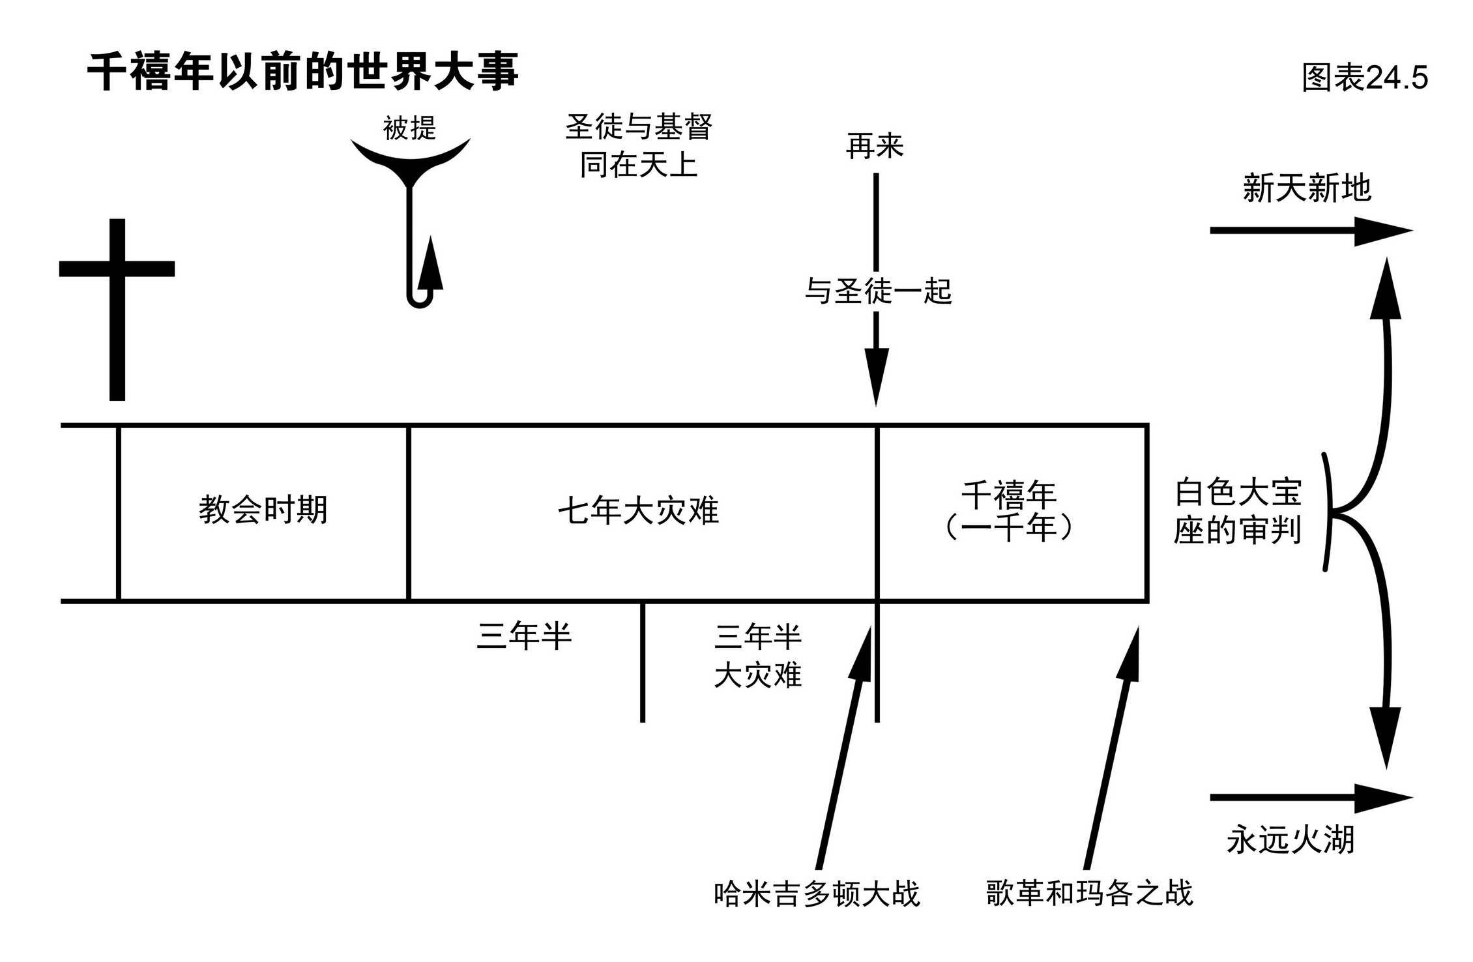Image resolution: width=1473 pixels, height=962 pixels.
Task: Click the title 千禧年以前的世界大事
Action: (x=302, y=71)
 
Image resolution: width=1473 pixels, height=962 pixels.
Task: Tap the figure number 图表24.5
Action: (x=1364, y=78)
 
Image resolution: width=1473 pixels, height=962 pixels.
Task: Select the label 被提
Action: (x=409, y=128)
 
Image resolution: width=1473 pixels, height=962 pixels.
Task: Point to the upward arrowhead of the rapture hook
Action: (x=430, y=264)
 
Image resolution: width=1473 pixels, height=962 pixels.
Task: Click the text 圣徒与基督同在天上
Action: (x=639, y=145)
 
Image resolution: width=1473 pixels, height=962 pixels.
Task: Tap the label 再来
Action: (x=875, y=146)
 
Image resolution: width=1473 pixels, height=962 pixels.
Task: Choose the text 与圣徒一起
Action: (x=878, y=291)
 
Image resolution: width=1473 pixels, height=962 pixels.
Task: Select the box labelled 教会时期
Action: (x=263, y=512)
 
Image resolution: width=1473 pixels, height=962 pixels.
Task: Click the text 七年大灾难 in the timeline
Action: (x=639, y=511)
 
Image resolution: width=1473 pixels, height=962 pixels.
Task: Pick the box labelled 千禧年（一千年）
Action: (x=1010, y=512)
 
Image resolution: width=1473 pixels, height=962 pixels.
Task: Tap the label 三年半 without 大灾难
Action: (x=524, y=636)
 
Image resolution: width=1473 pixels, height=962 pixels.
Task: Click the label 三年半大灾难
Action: (x=757, y=656)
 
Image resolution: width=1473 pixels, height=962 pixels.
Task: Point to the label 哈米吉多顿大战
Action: (x=816, y=894)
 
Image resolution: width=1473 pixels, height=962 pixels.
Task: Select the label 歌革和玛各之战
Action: (x=1089, y=893)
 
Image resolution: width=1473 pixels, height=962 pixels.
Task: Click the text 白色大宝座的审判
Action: (x=1237, y=512)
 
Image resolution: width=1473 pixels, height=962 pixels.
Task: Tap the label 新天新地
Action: (x=1307, y=189)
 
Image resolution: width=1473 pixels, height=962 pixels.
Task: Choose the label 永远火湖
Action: (x=1291, y=839)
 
